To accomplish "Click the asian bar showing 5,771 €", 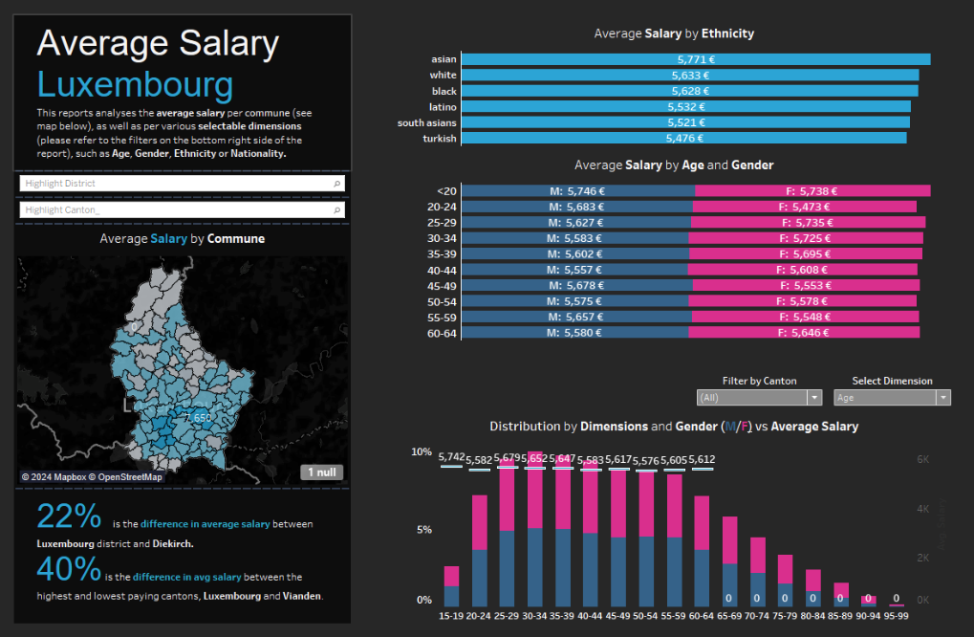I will (695, 59).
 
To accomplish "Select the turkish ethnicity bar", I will (683, 139).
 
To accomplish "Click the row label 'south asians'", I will (427, 122).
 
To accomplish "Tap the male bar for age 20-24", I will (576, 207).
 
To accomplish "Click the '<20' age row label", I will (444, 191).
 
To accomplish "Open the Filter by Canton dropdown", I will (759, 397).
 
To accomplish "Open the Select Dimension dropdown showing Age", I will (891, 397).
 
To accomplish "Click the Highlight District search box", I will (181, 183).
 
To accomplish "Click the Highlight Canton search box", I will (181, 209).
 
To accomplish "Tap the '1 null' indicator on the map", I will (321, 472).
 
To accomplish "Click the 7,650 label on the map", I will (197, 418).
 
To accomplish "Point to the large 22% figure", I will (69, 516).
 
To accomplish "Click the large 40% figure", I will (69, 570).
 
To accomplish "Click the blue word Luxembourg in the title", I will (135, 85).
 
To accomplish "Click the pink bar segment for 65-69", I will (730, 540).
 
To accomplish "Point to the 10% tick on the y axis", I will (422, 451).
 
